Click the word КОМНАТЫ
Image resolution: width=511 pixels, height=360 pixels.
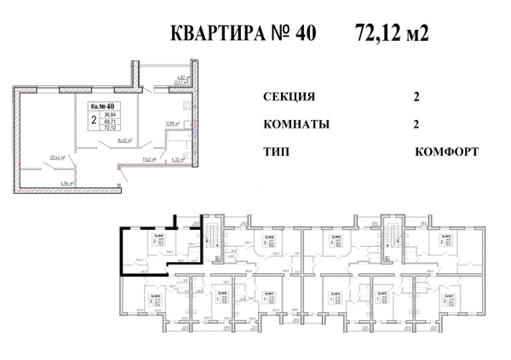click(298, 124)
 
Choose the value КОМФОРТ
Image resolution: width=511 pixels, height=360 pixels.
click(446, 151)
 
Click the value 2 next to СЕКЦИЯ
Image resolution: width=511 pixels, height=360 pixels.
click(416, 97)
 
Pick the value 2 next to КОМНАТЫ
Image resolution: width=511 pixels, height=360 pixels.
click(416, 124)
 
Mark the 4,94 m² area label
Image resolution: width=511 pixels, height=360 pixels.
click(67, 183)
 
